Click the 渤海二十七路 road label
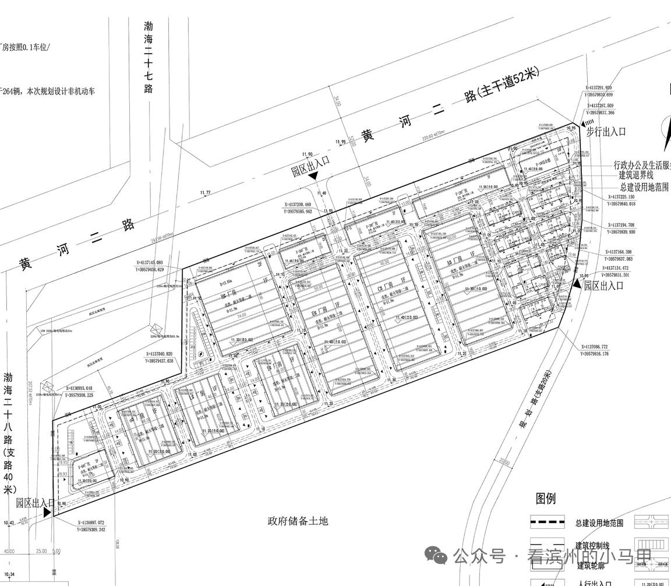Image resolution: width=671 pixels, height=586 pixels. (149, 57)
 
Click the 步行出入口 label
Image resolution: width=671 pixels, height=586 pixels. (606, 132)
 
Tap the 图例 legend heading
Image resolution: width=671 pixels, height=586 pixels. (546, 499)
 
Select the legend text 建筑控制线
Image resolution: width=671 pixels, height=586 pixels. (592, 546)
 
